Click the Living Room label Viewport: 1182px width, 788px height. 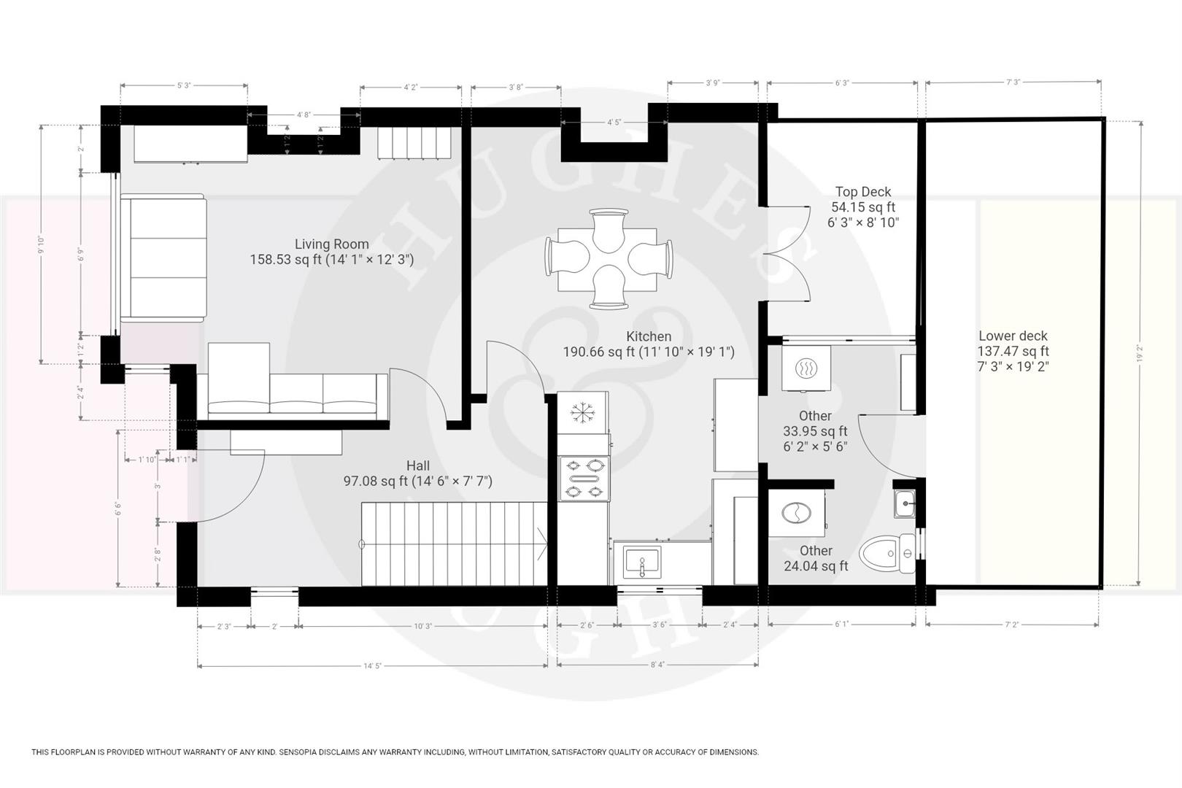click(332, 244)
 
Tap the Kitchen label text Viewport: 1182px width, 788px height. click(649, 336)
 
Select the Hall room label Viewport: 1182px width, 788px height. click(418, 466)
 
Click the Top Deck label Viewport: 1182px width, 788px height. click(863, 192)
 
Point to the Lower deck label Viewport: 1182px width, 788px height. click(1013, 336)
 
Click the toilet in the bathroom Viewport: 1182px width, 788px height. click(886, 554)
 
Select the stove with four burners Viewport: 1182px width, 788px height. click(584, 478)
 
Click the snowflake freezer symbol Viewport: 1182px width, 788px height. click(582, 413)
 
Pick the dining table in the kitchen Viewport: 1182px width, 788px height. click(609, 259)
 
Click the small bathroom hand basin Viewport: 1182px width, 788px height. click(905, 503)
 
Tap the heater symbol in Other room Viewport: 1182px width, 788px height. click(806, 369)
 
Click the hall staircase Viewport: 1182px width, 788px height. click(454, 544)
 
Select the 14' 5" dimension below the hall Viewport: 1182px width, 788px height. click(372, 665)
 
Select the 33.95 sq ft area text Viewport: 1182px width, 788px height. click(815, 431)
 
